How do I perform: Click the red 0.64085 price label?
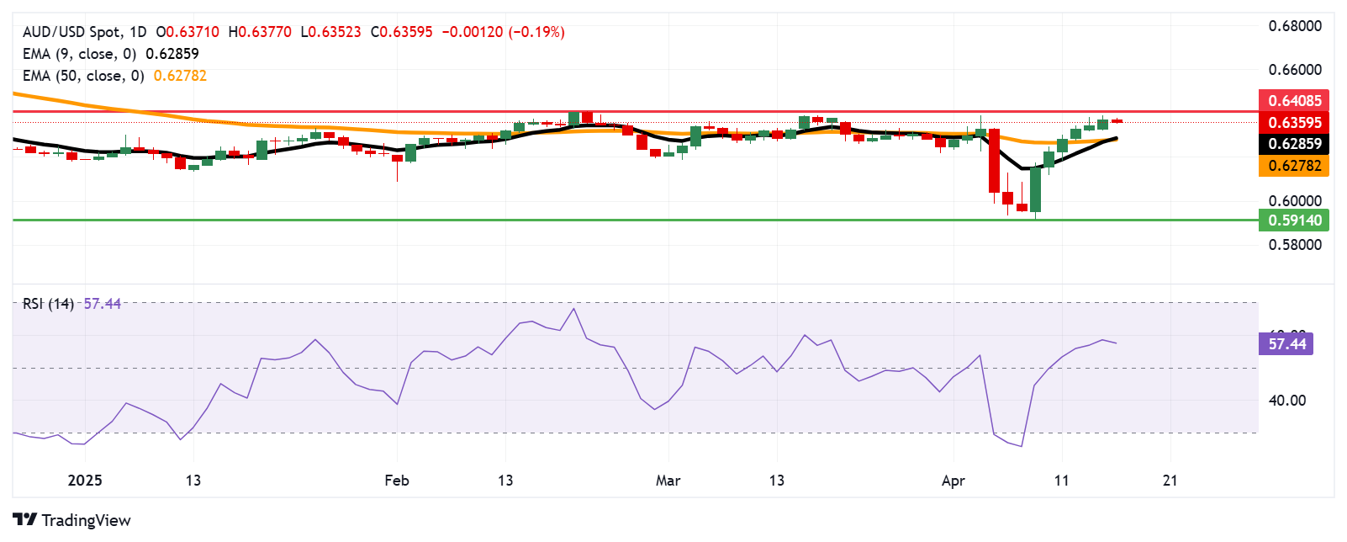(x=1294, y=100)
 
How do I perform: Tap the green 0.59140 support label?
(x=1294, y=221)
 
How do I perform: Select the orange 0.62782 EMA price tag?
(x=1294, y=166)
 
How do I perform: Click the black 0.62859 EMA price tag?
(x=1294, y=144)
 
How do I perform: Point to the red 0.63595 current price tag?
(x=1294, y=122)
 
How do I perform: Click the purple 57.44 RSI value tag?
(x=1286, y=343)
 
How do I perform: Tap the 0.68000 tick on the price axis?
(x=1295, y=26)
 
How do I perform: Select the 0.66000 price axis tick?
(x=1295, y=70)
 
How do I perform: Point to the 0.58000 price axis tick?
(x=1295, y=245)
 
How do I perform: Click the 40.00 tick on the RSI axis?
(x=1287, y=401)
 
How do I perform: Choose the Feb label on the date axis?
(x=397, y=481)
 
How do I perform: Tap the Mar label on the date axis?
(x=668, y=481)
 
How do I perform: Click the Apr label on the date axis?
(x=953, y=481)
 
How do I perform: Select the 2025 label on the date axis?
(x=85, y=481)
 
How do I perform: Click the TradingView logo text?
(x=86, y=520)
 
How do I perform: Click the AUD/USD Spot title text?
(x=72, y=32)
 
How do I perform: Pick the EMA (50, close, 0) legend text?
(x=82, y=76)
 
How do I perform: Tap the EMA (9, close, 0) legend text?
(x=79, y=54)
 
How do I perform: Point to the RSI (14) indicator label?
(x=48, y=304)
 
